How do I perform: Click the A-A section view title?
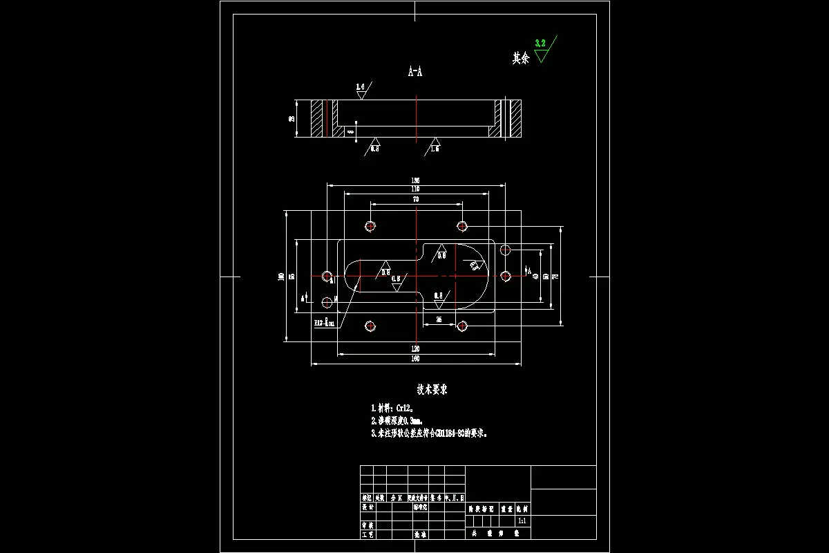coord(415,71)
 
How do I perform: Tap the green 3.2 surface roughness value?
coord(540,43)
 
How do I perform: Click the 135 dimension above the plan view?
coord(416,180)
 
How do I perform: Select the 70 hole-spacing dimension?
coord(416,199)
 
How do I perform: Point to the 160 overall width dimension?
coord(416,359)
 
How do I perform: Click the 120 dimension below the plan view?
coord(416,348)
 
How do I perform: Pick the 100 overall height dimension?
coord(281,276)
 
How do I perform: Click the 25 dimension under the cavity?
coord(439,319)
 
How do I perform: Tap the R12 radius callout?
coord(325,323)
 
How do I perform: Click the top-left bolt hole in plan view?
coord(371,226)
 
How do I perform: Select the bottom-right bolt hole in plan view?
coord(461,326)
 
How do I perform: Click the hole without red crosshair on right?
coord(505,249)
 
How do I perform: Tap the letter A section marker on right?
coord(529,270)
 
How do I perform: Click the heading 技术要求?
coord(432,390)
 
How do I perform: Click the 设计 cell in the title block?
coord(368,507)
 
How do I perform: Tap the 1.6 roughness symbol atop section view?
coord(361,87)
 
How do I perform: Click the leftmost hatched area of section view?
coord(316,118)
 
